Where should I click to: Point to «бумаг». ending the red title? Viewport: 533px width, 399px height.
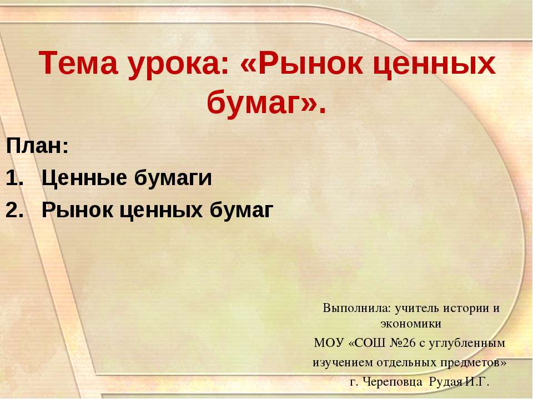point(266,103)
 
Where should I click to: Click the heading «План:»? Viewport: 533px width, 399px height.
point(37,147)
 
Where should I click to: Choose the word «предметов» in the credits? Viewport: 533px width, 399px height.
point(474,362)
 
